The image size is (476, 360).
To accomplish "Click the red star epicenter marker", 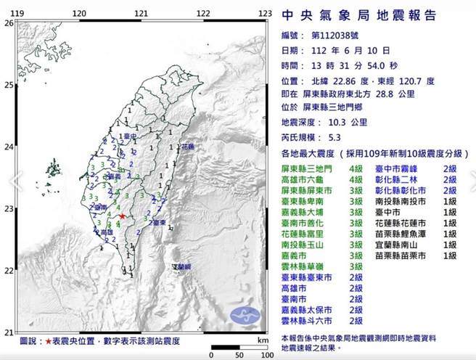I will (x=123, y=216).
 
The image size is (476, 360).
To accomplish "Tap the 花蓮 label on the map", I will (x=186, y=147).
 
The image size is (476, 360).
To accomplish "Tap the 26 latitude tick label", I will (x=9, y=23).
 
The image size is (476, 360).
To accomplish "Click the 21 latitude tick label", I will (x=9, y=332).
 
